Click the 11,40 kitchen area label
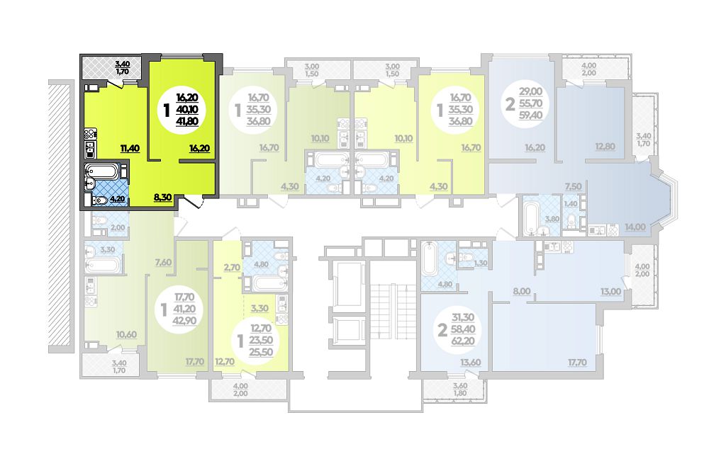tap(130, 148)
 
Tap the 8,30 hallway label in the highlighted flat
tap(162, 197)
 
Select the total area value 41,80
tap(187, 122)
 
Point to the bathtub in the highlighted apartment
tap(101, 171)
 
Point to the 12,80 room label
tap(605, 147)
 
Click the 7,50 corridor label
tap(573, 186)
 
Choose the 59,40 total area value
tap(530, 115)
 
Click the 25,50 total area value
tap(262, 352)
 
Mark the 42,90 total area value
tap(184, 320)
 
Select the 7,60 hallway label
tap(163, 262)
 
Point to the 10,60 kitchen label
tap(126, 334)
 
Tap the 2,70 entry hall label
tap(232, 267)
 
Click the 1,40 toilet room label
tap(571, 204)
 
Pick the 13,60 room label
tap(471, 363)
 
